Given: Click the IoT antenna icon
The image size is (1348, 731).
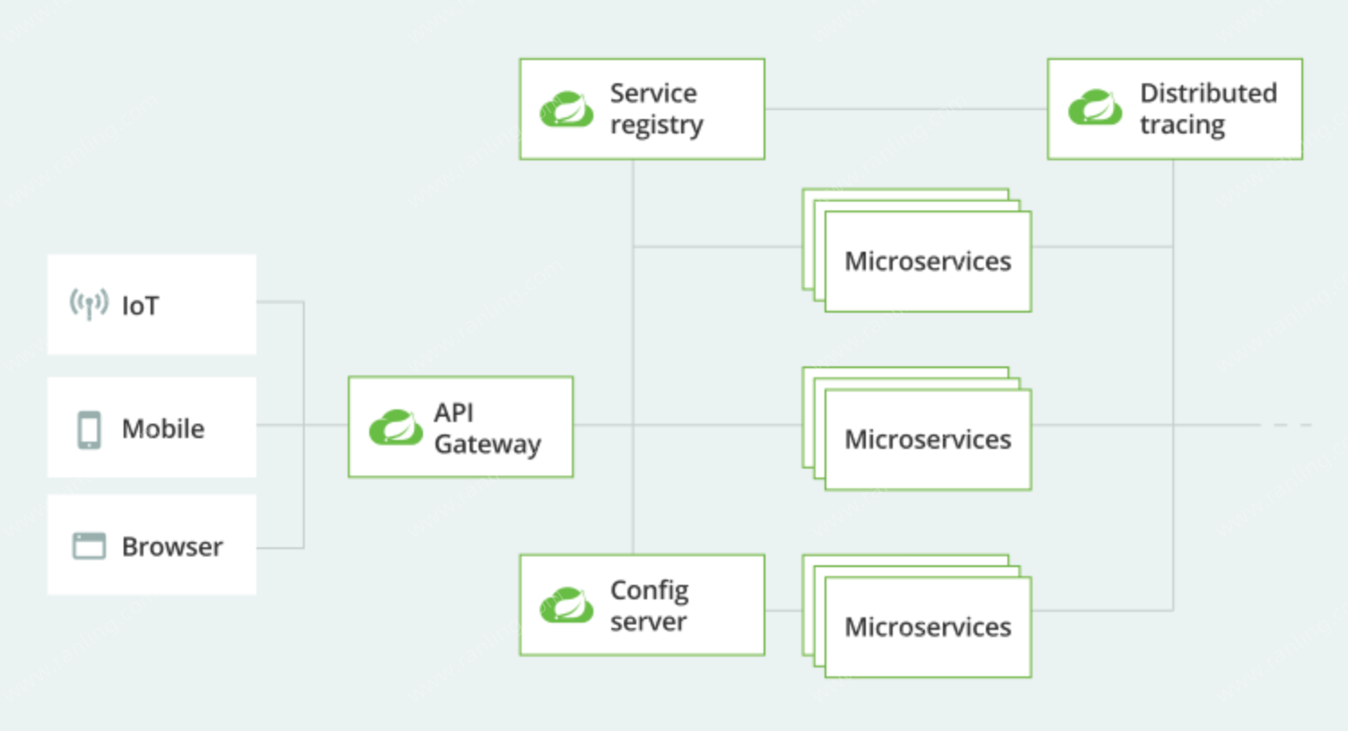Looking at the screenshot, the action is [89, 304].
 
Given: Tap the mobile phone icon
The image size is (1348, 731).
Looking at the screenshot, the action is [89, 430].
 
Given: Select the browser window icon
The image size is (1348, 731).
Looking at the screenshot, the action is [89, 546].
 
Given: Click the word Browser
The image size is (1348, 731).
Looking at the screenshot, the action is [172, 546].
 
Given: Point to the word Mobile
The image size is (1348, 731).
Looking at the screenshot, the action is [163, 429].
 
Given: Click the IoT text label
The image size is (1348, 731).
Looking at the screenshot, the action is [140, 305].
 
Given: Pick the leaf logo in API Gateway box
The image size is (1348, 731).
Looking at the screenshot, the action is [396, 427].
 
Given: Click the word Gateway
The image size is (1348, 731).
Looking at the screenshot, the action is [488, 445].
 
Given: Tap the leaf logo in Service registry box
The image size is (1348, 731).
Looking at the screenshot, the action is [566, 109].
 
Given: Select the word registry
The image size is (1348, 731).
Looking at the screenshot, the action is [657, 125].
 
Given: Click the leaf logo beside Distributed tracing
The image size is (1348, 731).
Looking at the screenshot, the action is [1095, 107].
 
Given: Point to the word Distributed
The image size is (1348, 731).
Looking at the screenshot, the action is [1208, 93].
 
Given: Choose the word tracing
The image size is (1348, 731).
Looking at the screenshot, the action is [1182, 125].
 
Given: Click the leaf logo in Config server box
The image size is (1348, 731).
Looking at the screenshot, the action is [566, 605].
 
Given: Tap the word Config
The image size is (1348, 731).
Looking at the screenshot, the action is [649, 591].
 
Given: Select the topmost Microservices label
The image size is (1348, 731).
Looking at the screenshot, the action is [928, 261].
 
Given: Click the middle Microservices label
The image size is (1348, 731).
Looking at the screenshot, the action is [928, 439].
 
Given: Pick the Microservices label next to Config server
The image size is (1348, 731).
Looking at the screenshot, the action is [928, 627].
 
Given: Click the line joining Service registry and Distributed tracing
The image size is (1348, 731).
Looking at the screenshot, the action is [906, 109].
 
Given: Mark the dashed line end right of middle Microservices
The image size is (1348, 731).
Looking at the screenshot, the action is [1311, 425].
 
